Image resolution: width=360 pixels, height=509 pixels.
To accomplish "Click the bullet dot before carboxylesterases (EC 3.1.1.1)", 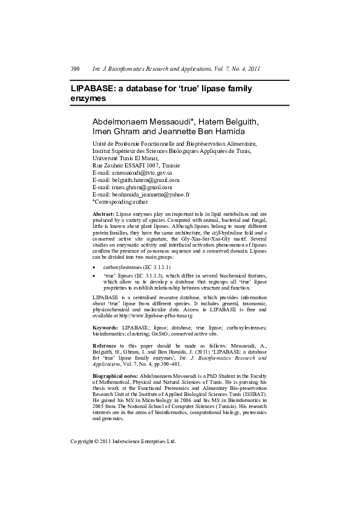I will tap(94, 267).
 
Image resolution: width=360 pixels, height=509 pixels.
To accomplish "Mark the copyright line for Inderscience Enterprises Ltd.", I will tap(123, 441).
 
